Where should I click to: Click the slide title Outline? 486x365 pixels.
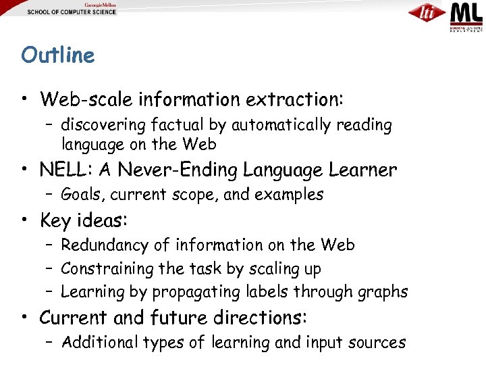[58, 55]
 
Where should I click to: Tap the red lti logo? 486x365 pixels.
[427, 13]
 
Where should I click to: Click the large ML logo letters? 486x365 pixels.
[466, 13]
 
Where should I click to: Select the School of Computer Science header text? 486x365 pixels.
[72, 12]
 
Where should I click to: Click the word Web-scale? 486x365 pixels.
[86, 99]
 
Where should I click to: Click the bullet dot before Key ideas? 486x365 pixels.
[25, 220]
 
